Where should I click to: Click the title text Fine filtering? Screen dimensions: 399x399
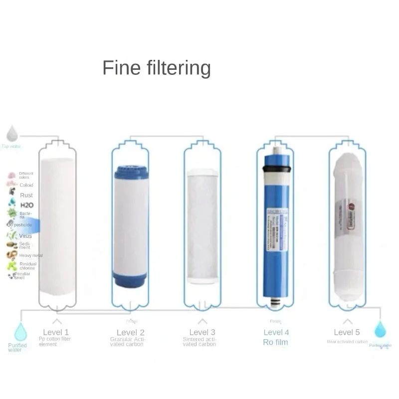tap(156, 68)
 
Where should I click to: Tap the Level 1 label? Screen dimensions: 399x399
tap(56, 332)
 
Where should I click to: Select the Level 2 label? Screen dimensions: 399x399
tap(130, 332)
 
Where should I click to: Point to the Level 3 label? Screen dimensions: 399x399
tap(202, 332)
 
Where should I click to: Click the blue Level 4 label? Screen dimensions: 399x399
tap(276, 332)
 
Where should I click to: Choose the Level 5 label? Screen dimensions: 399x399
tap(347, 332)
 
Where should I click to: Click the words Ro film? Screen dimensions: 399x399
tap(275, 342)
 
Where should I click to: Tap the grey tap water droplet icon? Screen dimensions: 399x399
tap(12, 134)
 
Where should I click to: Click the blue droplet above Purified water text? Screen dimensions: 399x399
tap(20, 332)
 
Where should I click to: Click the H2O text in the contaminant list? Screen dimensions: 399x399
tap(27, 205)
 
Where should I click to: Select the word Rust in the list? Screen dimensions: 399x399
tap(26, 195)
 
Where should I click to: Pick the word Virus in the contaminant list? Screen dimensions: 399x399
tap(25, 235)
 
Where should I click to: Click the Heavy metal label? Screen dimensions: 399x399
tap(31, 255)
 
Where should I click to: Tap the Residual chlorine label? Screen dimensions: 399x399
tap(27, 266)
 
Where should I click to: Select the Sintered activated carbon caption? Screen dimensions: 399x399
tap(199, 342)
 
